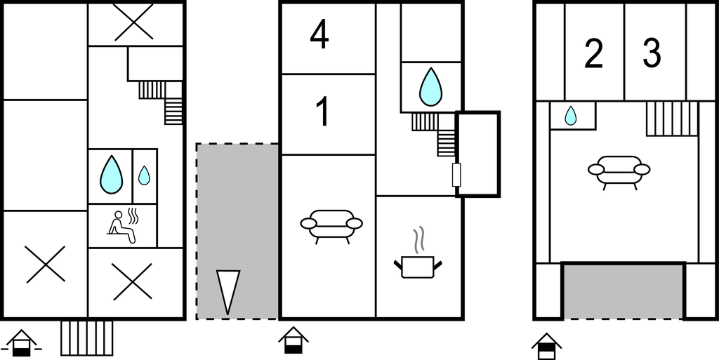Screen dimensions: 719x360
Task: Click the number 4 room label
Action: [319, 35]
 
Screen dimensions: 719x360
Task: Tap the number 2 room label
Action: [594, 54]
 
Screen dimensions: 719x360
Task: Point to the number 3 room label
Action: [652, 53]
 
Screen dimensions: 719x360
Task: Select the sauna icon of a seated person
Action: [123, 226]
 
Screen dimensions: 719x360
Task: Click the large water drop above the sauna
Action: [111, 175]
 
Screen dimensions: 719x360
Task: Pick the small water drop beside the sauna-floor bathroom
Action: [144, 175]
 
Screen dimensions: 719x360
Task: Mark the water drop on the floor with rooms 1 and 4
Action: [430, 87]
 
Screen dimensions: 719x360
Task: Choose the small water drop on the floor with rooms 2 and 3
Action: [570, 115]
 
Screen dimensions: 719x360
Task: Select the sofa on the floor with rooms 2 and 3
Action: [619, 172]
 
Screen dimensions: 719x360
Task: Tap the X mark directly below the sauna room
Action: [133, 281]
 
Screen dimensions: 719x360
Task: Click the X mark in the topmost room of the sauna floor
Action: [133, 22]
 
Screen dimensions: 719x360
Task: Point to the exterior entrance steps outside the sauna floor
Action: [86, 338]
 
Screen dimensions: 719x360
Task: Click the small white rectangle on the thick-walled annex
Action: [456, 175]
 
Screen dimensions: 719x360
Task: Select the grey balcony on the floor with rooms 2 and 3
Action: [624, 291]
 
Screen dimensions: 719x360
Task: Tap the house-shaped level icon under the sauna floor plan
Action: [21, 343]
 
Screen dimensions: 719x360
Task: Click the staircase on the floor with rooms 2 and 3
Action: [672, 119]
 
